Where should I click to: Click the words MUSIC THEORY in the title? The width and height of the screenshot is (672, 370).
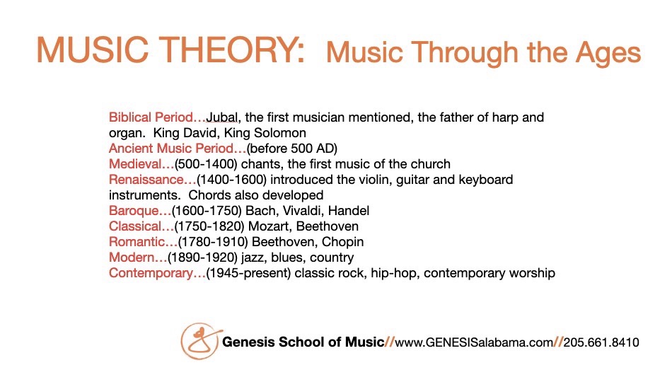(x=170, y=50)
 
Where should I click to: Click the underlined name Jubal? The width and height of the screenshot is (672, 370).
(x=222, y=117)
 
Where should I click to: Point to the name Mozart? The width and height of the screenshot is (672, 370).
(x=268, y=226)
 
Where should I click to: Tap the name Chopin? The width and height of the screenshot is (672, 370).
(x=342, y=242)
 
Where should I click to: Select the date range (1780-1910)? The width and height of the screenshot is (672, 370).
(x=213, y=242)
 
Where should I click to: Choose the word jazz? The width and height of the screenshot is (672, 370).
(x=251, y=258)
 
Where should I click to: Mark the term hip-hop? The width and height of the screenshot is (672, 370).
(x=394, y=273)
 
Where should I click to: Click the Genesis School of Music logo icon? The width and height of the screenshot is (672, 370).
(x=200, y=341)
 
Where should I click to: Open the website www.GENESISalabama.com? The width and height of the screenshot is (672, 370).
(x=473, y=342)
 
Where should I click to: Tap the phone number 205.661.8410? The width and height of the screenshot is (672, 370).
(x=601, y=342)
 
